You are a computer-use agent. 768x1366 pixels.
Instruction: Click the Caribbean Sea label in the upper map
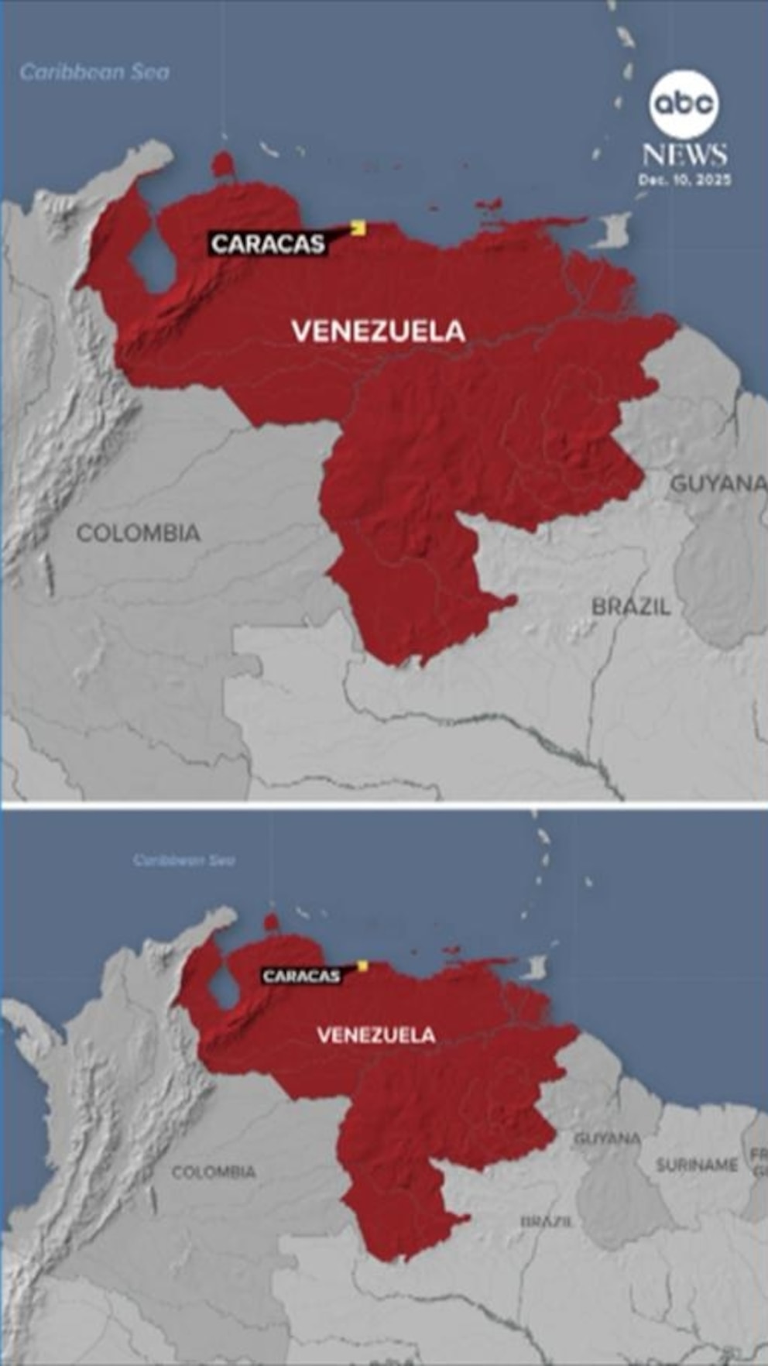click(x=94, y=72)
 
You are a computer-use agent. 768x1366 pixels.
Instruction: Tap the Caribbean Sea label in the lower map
click(x=183, y=860)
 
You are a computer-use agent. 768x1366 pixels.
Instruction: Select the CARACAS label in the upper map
click(x=268, y=244)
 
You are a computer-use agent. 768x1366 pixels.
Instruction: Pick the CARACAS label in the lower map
click(x=301, y=976)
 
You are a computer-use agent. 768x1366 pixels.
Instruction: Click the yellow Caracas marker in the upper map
click(x=358, y=227)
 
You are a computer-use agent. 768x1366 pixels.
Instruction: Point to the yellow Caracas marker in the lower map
click(x=362, y=966)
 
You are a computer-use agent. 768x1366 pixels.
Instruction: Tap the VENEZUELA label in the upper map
click(x=379, y=331)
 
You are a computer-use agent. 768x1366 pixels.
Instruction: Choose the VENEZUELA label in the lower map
click(x=376, y=1035)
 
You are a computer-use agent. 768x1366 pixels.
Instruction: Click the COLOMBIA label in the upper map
click(x=138, y=533)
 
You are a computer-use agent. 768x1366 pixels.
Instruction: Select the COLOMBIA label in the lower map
click(x=214, y=1172)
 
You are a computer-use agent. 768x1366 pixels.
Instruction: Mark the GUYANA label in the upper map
click(x=718, y=483)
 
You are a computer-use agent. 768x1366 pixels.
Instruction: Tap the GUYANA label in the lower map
click(x=607, y=1138)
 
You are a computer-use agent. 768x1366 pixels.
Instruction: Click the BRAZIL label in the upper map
click(x=631, y=606)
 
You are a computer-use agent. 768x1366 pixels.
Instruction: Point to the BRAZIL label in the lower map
click(x=547, y=1221)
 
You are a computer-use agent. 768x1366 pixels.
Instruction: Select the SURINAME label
click(x=697, y=1165)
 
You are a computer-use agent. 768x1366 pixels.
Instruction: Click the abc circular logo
click(x=684, y=104)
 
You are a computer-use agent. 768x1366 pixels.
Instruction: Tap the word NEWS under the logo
click(x=684, y=155)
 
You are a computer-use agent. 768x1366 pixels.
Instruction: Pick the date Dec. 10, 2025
click(x=684, y=180)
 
